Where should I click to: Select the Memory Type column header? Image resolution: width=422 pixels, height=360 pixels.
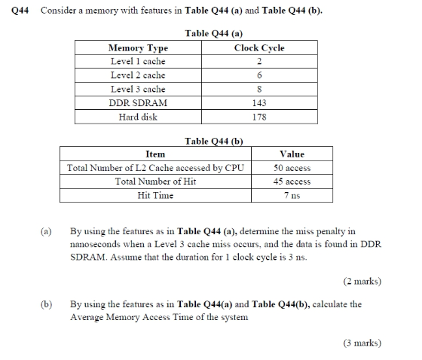click(139, 47)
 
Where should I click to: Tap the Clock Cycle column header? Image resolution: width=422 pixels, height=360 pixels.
click(258, 47)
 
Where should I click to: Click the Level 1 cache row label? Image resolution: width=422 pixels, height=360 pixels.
click(138, 61)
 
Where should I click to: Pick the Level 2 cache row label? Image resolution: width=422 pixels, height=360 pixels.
click(138, 75)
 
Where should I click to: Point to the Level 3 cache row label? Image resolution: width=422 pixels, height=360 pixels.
click(138, 89)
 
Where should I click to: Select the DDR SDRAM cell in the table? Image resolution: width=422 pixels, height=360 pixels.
click(139, 103)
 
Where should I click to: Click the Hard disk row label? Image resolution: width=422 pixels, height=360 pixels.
click(138, 117)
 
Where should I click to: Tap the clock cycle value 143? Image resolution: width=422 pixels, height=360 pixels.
click(259, 103)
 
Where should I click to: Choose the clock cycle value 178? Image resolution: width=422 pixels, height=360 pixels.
click(259, 117)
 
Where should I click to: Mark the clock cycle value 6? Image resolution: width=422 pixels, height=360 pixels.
click(259, 75)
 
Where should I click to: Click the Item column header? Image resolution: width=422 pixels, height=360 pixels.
click(155, 154)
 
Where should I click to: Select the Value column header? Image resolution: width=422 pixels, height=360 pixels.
click(292, 154)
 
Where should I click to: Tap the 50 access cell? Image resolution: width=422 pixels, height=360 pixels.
click(292, 168)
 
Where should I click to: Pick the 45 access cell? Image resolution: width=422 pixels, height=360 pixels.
click(292, 182)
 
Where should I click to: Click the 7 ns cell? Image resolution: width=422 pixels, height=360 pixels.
click(292, 196)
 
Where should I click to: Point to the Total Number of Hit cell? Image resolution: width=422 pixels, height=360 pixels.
click(155, 182)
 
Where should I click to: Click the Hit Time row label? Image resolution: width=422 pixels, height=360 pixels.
click(155, 196)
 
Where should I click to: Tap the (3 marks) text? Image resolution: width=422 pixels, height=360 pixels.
click(362, 343)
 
